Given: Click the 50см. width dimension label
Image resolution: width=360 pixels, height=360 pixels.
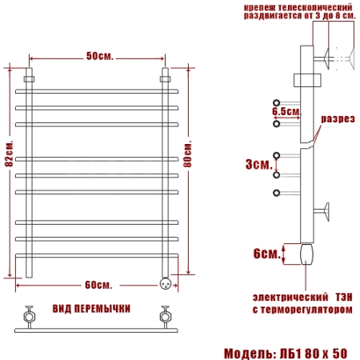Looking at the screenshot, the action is tap(100, 56).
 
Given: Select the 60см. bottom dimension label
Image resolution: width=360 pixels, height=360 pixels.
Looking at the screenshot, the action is tap(98, 285).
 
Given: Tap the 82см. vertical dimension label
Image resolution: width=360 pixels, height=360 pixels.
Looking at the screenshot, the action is tap(9, 154).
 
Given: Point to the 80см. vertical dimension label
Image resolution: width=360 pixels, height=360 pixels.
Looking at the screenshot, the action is tap(188, 154).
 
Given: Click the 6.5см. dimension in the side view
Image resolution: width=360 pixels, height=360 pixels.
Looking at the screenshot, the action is tap(286, 111).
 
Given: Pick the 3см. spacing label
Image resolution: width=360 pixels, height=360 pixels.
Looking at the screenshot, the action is tap(259, 165).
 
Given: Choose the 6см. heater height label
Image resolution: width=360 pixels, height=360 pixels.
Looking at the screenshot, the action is tap(267, 254).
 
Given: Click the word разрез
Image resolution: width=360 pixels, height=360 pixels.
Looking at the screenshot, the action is tap(338, 119).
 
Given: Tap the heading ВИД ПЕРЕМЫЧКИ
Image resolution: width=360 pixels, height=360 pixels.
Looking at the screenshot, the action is tap(91, 309).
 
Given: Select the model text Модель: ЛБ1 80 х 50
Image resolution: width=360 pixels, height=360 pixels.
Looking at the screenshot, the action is tap(286, 354).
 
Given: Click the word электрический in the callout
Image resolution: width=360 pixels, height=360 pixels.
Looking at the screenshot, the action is tap(290, 297).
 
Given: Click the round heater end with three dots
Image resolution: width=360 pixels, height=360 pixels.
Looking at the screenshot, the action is tap(166, 283).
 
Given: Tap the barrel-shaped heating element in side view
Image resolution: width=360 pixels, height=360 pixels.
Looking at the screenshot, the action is tap(306, 254).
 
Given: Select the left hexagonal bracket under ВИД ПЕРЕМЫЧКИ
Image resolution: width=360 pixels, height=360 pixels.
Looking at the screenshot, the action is tap(29, 317).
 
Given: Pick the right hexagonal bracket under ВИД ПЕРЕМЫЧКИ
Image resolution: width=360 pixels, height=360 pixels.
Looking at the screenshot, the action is tap(166, 317).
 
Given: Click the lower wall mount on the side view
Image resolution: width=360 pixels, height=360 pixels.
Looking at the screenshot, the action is tap(322, 212).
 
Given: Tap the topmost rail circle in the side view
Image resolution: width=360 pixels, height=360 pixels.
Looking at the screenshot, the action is tap(277, 102).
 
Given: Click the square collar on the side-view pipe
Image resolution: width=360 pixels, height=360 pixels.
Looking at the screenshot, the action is tap(307, 80).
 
